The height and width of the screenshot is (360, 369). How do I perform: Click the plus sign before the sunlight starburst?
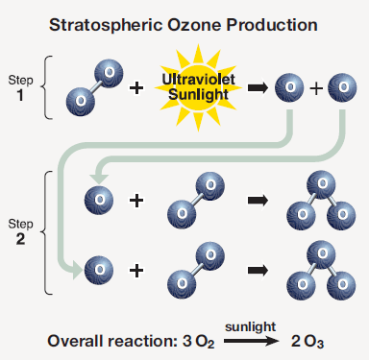click(136, 88)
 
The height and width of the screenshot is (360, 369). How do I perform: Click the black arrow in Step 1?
click(257, 88)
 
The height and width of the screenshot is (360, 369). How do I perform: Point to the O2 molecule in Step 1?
click(94, 86)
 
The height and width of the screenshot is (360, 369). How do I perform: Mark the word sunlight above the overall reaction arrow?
click(246, 327)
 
